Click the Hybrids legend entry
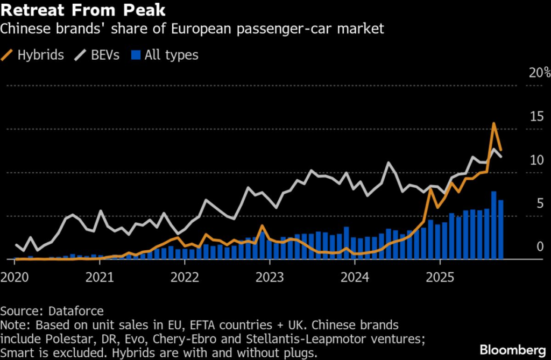tap(33, 55)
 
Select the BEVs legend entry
tap(101, 55)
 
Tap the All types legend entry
tap(166, 55)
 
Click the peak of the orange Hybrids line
tap(493, 124)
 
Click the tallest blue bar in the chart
tap(493, 225)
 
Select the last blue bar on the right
tap(501, 229)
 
